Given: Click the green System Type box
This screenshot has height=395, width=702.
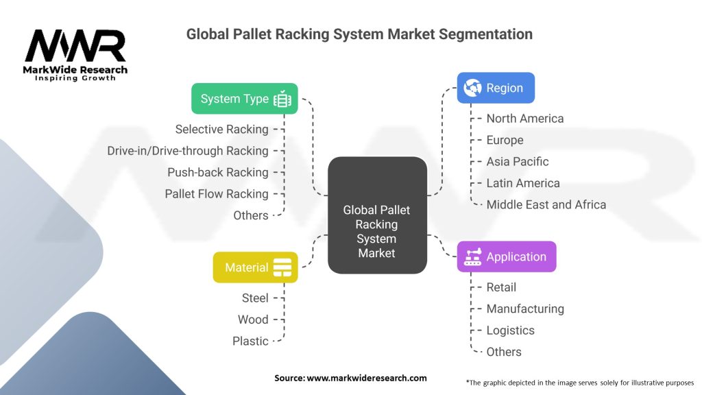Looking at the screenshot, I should tap(244, 99).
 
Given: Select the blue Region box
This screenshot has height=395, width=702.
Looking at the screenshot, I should tap(496, 88).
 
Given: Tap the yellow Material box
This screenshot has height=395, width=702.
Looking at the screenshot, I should tap(255, 267).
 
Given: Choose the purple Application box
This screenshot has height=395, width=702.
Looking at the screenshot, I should tap(506, 257).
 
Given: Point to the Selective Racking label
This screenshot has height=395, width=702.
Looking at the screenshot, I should tap(221, 129).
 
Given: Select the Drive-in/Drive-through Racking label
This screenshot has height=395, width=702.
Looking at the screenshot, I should tap(187, 151).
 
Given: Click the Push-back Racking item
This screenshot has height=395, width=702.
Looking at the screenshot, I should tap(217, 172).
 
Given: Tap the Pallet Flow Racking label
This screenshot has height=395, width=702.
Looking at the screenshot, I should tap(216, 194).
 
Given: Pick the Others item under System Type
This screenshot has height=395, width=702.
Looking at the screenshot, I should tap(250, 215).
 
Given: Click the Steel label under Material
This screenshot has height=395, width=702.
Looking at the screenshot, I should tap(255, 298).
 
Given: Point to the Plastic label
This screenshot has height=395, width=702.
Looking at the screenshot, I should tap(250, 341).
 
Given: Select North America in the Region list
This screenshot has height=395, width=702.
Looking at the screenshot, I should tap(525, 119).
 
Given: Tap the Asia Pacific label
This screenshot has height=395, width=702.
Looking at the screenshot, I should tap(518, 162).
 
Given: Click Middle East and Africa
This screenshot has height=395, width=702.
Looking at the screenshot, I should tap(546, 204).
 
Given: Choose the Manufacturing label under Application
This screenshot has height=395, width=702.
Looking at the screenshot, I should tap(525, 309).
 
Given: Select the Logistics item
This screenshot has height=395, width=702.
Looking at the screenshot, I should tap(510, 331).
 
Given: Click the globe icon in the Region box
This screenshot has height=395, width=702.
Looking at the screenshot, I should tap(472, 88).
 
